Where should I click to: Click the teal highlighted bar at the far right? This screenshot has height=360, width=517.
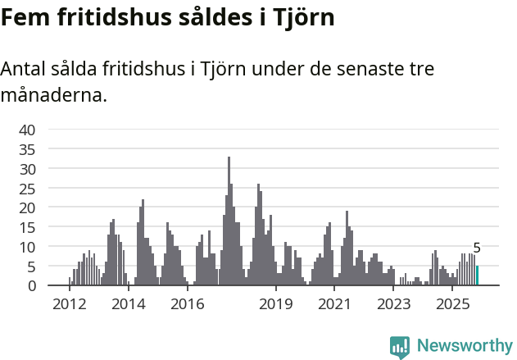(x=478, y=276)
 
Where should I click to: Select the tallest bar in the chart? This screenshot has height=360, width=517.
(x=229, y=221)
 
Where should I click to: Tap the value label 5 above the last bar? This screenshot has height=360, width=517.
(x=477, y=248)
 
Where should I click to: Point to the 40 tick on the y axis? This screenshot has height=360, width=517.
(x=27, y=130)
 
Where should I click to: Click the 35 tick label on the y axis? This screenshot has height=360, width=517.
(x=27, y=149)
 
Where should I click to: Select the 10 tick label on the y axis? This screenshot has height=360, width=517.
(x=27, y=247)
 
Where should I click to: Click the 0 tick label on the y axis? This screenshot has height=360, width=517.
(x=31, y=286)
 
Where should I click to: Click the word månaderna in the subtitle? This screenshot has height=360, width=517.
(x=53, y=95)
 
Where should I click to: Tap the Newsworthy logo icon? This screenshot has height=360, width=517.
(x=400, y=347)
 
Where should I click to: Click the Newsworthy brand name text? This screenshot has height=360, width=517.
(x=465, y=346)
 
